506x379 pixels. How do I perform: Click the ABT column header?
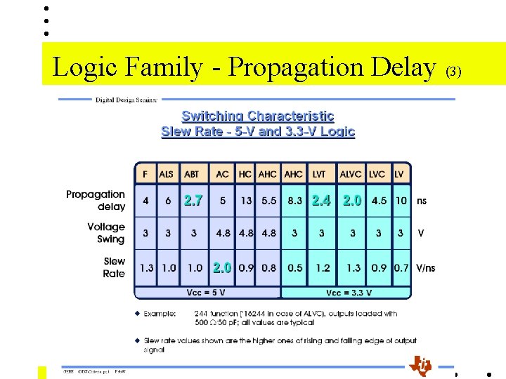click(x=191, y=174)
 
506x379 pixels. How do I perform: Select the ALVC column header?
click(x=351, y=174)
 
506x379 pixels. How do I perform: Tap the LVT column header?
click(x=319, y=174)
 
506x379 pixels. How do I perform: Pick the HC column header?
click(x=245, y=174)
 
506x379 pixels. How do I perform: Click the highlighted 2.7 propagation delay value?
click(x=193, y=201)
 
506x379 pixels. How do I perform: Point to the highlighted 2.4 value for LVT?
click(x=321, y=201)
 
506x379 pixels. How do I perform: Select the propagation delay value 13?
click(x=246, y=201)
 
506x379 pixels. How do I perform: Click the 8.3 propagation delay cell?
click(x=294, y=201)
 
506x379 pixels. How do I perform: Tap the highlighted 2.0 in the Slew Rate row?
click(x=222, y=267)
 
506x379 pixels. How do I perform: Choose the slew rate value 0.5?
click(x=294, y=267)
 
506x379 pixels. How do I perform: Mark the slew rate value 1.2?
click(x=323, y=267)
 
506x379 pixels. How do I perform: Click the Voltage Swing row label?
click(x=106, y=233)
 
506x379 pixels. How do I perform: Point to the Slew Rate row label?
click(x=114, y=267)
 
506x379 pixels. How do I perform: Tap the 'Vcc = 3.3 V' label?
click(x=349, y=293)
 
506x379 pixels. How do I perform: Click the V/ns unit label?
click(x=426, y=267)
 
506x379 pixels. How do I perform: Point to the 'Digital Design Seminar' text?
click(x=126, y=100)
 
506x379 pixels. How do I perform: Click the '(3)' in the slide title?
click(x=454, y=72)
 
